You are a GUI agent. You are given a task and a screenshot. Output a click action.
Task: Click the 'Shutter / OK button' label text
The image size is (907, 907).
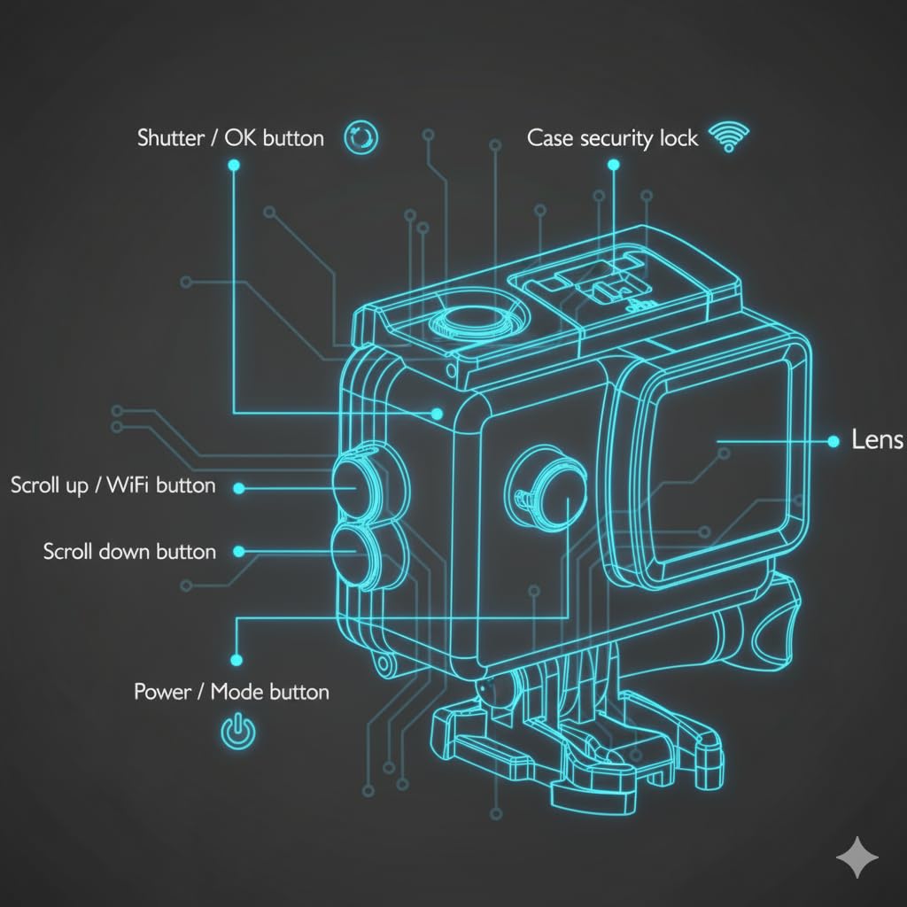pos(230,138)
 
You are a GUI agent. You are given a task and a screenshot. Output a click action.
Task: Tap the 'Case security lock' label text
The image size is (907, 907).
pos(612,138)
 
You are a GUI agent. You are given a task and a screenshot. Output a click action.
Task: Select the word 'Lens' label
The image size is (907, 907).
pos(876,439)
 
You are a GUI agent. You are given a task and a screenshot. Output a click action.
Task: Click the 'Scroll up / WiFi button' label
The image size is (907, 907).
pos(112,485)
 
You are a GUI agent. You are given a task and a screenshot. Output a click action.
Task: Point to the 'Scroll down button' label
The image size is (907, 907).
pos(129,552)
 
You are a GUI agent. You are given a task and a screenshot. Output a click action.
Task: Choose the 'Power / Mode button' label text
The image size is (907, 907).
pos(231,692)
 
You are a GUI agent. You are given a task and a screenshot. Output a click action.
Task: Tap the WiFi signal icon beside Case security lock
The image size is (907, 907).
pos(729,137)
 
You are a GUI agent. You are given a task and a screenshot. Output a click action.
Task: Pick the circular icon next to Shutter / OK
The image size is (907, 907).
pos(362,137)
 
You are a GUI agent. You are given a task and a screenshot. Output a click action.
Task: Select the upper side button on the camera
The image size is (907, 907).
pos(357,479)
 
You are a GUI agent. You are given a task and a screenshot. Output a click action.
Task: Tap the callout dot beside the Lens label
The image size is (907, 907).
pos(832,440)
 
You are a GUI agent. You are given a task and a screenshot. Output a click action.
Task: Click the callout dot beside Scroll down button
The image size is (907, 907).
pos(237,552)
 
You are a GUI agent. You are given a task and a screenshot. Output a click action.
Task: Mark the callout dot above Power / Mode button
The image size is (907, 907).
pos(236,660)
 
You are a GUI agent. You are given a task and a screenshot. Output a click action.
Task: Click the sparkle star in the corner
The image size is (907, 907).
pos(857,858)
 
